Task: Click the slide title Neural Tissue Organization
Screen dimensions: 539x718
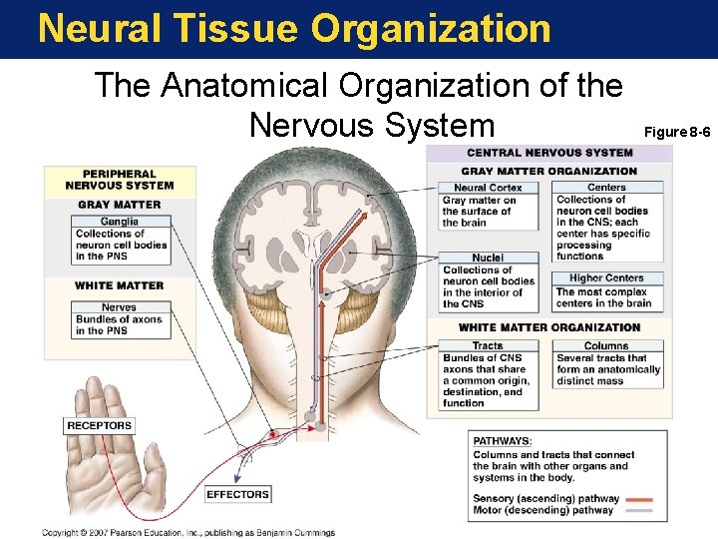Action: click(x=294, y=28)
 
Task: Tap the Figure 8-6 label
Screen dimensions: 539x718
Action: click(x=677, y=132)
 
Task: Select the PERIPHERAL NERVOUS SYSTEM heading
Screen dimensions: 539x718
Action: click(x=120, y=179)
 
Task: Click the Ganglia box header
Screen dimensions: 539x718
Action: click(x=120, y=222)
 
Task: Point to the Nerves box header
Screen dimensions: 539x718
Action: click(x=120, y=307)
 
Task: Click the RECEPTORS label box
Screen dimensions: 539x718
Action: click(x=99, y=426)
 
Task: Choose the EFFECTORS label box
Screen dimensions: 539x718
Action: click(x=237, y=494)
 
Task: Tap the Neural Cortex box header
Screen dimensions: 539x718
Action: click(x=488, y=188)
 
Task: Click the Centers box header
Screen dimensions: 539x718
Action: click(x=606, y=188)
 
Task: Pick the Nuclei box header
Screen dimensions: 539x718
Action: click(x=488, y=259)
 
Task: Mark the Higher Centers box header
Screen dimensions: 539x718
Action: click(x=606, y=278)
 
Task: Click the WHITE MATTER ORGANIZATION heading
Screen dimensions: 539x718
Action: click(x=549, y=327)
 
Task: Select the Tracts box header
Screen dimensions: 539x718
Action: click(x=488, y=345)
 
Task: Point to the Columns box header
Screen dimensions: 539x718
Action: click(x=606, y=345)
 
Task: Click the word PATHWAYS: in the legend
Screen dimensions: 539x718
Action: click(x=503, y=441)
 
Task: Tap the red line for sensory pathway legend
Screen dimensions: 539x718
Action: click(x=638, y=498)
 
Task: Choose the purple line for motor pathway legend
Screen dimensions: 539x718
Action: click(x=638, y=510)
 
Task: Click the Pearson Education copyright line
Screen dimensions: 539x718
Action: click(x=188, y=533)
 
